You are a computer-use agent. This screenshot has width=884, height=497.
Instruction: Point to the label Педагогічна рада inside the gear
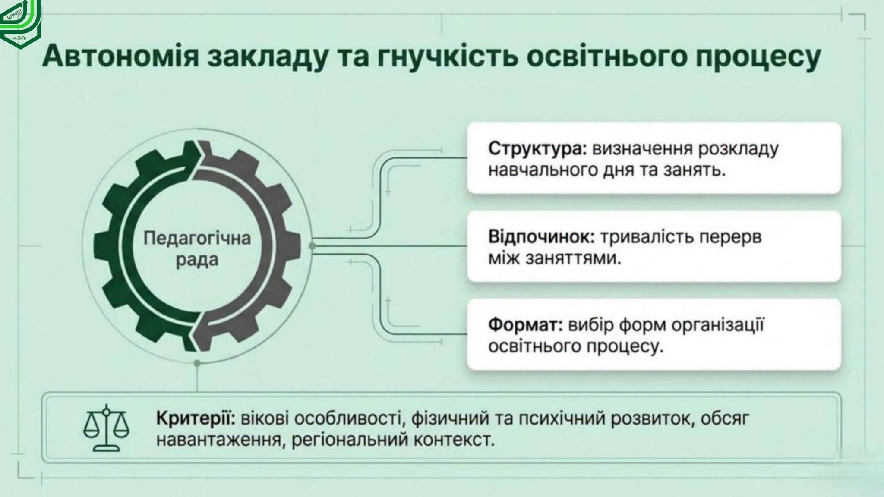pyautogui.click(x=197, y=249)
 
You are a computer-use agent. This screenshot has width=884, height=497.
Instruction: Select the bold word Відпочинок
pyautogui.click(x=542, y=237)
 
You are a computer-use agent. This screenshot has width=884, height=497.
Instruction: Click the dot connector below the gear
pyautogui.click(x=197, y=364)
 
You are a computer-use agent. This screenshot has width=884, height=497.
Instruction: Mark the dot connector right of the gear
pyautogui.click(x=313, y=246)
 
